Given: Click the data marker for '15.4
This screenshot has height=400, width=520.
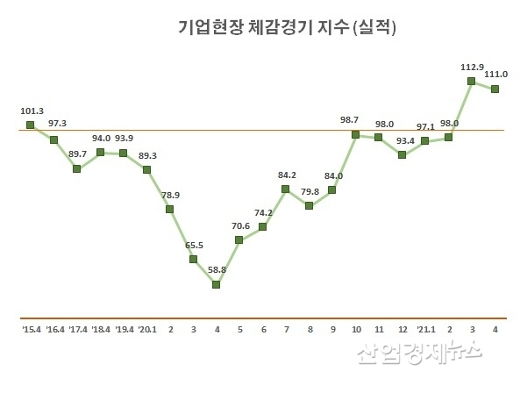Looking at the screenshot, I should [31, 125].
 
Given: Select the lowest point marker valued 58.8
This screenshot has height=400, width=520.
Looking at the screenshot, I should [216, 284].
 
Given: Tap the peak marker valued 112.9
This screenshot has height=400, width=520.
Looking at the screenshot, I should [472, 81].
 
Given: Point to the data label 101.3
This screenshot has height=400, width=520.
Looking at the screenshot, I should [32, 111].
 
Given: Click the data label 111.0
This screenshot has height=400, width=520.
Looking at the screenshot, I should [495, 75].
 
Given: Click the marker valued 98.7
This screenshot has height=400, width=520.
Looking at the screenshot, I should [355, 134].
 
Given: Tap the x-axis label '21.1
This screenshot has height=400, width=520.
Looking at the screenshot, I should [425, 330].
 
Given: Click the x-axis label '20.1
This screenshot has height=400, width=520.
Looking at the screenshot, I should [146, 330].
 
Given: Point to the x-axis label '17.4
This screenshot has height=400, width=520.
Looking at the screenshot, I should [77, 330].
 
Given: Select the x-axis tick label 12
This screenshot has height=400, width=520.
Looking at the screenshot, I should [402, 330].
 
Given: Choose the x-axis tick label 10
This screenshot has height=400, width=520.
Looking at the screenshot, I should [355, 330].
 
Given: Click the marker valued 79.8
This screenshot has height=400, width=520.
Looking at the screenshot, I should [309, 205].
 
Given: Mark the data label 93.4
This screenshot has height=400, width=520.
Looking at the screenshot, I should [402, 141].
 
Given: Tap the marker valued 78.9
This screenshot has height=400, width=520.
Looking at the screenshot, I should [169, 209].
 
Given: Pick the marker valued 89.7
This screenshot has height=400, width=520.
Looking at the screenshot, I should [77, 168].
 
